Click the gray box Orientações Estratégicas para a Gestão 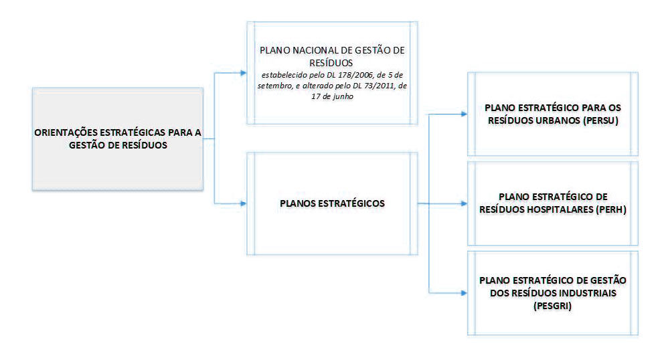tap(118, 139)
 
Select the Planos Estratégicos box tap(332, 203)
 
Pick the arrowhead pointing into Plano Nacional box tap(242, 73)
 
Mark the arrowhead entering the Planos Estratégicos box tap(242, 203)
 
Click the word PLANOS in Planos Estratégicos tap(299, 203)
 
